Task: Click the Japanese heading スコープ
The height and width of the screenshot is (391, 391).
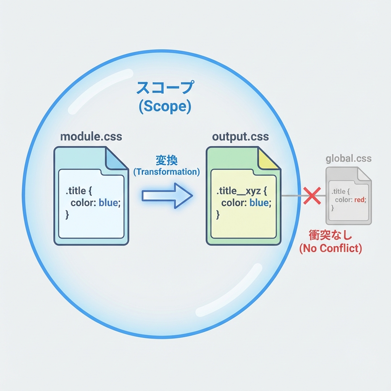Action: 165,88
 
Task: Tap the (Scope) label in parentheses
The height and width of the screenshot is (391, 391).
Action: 165,107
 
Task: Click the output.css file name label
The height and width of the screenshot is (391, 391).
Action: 240,137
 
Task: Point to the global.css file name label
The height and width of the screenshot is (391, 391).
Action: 348,158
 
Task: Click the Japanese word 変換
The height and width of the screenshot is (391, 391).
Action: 166,160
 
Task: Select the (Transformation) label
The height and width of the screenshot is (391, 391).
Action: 166,172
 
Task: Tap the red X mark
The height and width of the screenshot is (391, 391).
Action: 312,195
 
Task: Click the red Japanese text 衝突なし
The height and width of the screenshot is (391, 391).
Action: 330,235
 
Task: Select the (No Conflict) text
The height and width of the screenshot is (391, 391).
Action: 330,248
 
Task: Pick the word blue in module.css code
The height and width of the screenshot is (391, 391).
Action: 108,203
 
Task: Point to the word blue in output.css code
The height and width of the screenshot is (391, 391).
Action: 259,203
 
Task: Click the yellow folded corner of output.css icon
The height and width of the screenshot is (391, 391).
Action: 269,159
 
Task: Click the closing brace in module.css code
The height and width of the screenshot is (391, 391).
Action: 67,215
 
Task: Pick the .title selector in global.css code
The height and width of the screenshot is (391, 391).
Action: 339,191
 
